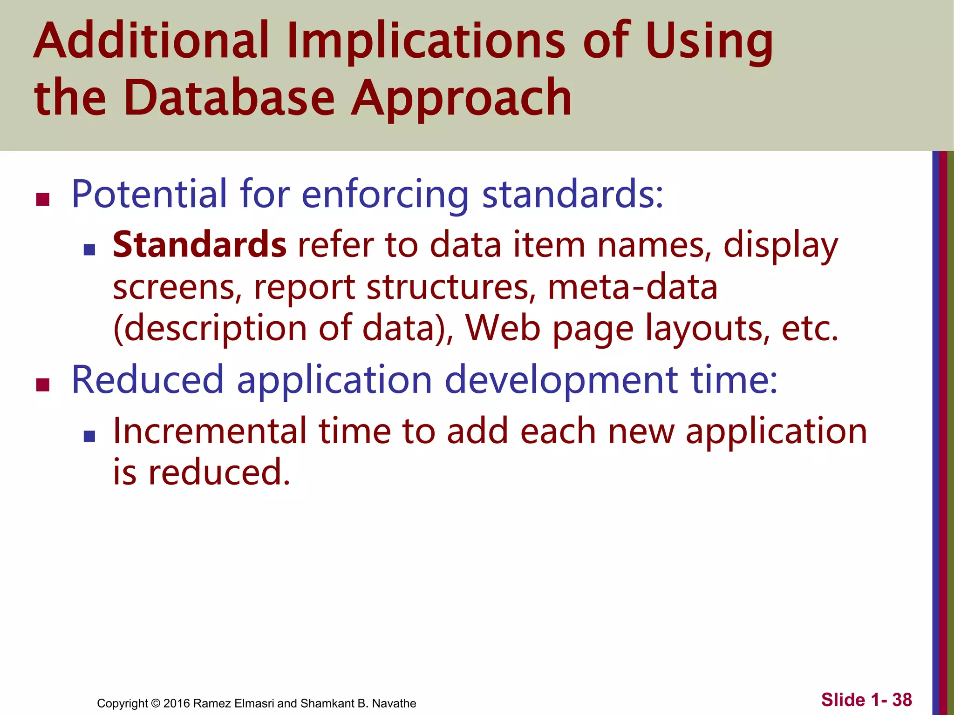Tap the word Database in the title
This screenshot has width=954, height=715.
point(229,98)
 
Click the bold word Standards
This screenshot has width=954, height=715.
point(199,245)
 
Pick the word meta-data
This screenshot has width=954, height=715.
point(633,287)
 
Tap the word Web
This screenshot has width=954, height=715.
point(503,329)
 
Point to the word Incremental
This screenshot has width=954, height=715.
point(210,431)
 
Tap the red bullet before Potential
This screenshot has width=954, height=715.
point(42,199)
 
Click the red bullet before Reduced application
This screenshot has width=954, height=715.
point(42,385)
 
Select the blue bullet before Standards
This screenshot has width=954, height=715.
point(89,250)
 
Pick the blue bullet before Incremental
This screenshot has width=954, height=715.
point(89,436)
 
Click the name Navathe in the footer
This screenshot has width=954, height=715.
point(394,703)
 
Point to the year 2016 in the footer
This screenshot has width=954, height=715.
point(177,703)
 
